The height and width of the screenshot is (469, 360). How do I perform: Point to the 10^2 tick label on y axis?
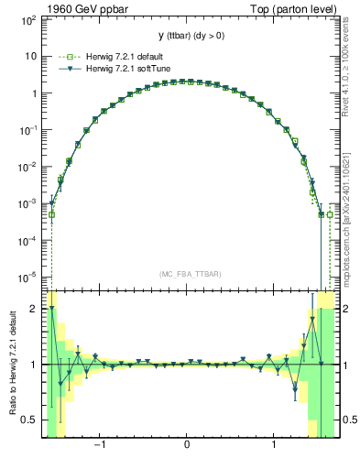[29, 19]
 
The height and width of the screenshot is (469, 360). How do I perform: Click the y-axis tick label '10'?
[31, 56]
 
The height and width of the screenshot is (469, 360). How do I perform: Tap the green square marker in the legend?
[64, 56]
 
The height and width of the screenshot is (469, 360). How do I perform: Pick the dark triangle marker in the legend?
[64, 69]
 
